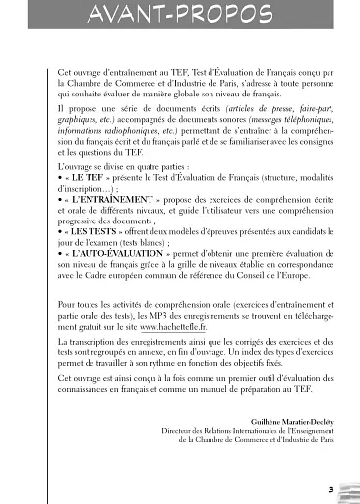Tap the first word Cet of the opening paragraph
coord(64,73)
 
